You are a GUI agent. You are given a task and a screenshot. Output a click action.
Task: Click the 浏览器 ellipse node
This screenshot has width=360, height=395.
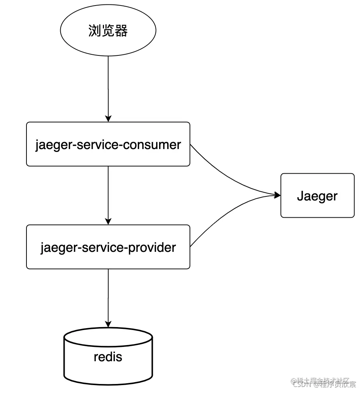(108, 31)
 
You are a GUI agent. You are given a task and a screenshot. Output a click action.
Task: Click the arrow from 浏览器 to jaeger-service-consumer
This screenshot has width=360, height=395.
(108, 88)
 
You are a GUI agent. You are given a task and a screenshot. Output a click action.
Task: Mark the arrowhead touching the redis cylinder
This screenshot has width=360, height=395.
(108, 324)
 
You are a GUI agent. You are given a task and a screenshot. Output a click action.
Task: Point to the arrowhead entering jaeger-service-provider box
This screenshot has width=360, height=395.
(108, 221)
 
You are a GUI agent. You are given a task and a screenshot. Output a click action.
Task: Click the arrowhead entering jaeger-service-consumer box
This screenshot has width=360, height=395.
(108, 118)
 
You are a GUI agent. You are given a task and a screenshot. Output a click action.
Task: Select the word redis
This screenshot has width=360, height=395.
(108, 356)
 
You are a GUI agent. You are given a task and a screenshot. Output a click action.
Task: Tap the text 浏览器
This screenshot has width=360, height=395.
(108, 31)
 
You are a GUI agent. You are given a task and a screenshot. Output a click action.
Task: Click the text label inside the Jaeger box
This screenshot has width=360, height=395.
(317, 196)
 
